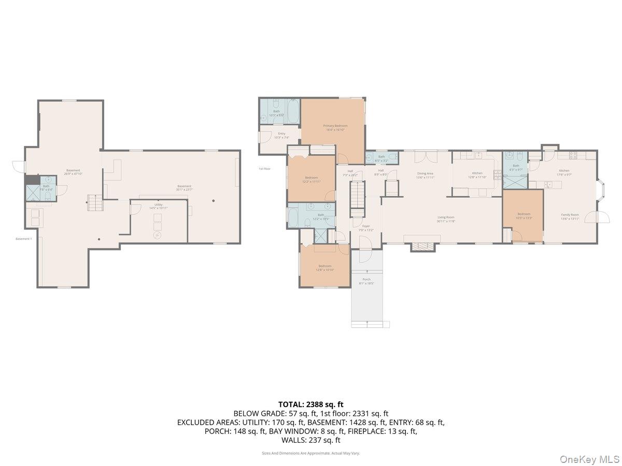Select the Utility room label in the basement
pos(159,205)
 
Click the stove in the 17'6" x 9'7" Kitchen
pos(573,154)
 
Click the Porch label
pos(366,280)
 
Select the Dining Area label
pos(425,173)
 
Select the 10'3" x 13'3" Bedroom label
pos(523,214)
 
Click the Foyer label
pos(365,226)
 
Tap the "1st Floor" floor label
pos(264,169)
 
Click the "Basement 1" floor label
pos(24,239)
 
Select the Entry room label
pos(281,134)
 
